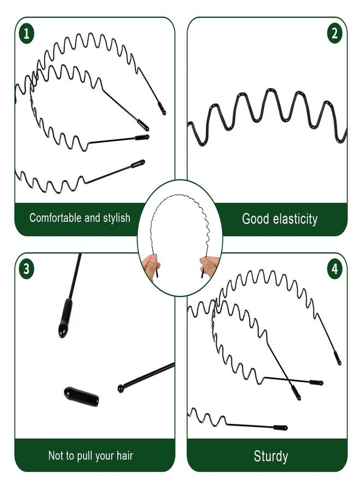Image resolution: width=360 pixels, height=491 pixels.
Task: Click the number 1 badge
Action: pos(27,33)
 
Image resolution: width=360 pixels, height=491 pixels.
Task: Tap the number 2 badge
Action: pos(335,33)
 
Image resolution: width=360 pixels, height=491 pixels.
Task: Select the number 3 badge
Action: pos(27,268)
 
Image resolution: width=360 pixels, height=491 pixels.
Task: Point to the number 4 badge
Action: pos(335,268)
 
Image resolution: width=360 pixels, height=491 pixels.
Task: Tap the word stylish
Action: pos(116,218)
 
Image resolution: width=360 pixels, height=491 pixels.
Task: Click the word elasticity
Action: pos(295,219)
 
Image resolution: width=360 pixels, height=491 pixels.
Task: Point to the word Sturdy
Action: pos(271,456)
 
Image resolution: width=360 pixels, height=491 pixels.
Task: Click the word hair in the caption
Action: pos(125,456)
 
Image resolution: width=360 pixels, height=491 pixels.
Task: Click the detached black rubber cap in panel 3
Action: pos(81,397)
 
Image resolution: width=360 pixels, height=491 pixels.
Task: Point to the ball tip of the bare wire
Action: pos(121,388)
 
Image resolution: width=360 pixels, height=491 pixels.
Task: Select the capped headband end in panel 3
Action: pos(65,318)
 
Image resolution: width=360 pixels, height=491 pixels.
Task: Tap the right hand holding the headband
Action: pos(209,266)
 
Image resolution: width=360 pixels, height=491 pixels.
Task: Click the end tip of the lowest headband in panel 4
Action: pos(284,428)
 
